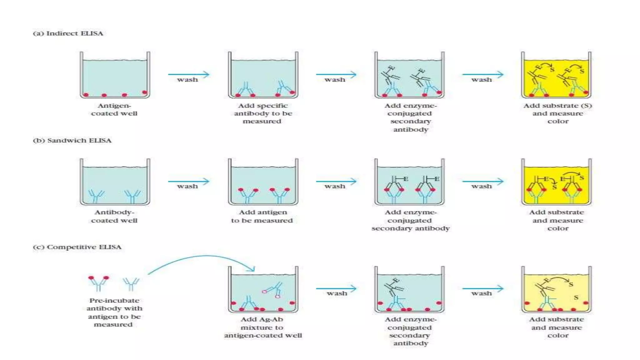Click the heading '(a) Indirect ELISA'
pos(68,33)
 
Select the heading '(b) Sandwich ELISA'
pos(72,140)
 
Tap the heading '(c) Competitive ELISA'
pos(77,247)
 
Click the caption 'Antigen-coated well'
pos(114,109)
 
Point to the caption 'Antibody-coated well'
pos(114,216)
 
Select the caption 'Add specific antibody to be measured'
pos(263,113)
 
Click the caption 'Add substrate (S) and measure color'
pos(558,113)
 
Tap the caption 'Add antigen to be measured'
pos(262,216)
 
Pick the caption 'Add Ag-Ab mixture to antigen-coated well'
pos(263,327)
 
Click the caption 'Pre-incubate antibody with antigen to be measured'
pos(114,312)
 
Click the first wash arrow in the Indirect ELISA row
pos(188,74)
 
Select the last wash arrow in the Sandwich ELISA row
pos(483,181)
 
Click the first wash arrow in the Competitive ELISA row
pos(336,288)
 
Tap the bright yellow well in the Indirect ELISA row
pos(556,75)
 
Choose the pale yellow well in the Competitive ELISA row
pos(556,289)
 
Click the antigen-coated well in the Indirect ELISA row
pos(115,75)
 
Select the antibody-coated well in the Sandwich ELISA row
pos(115,182)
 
